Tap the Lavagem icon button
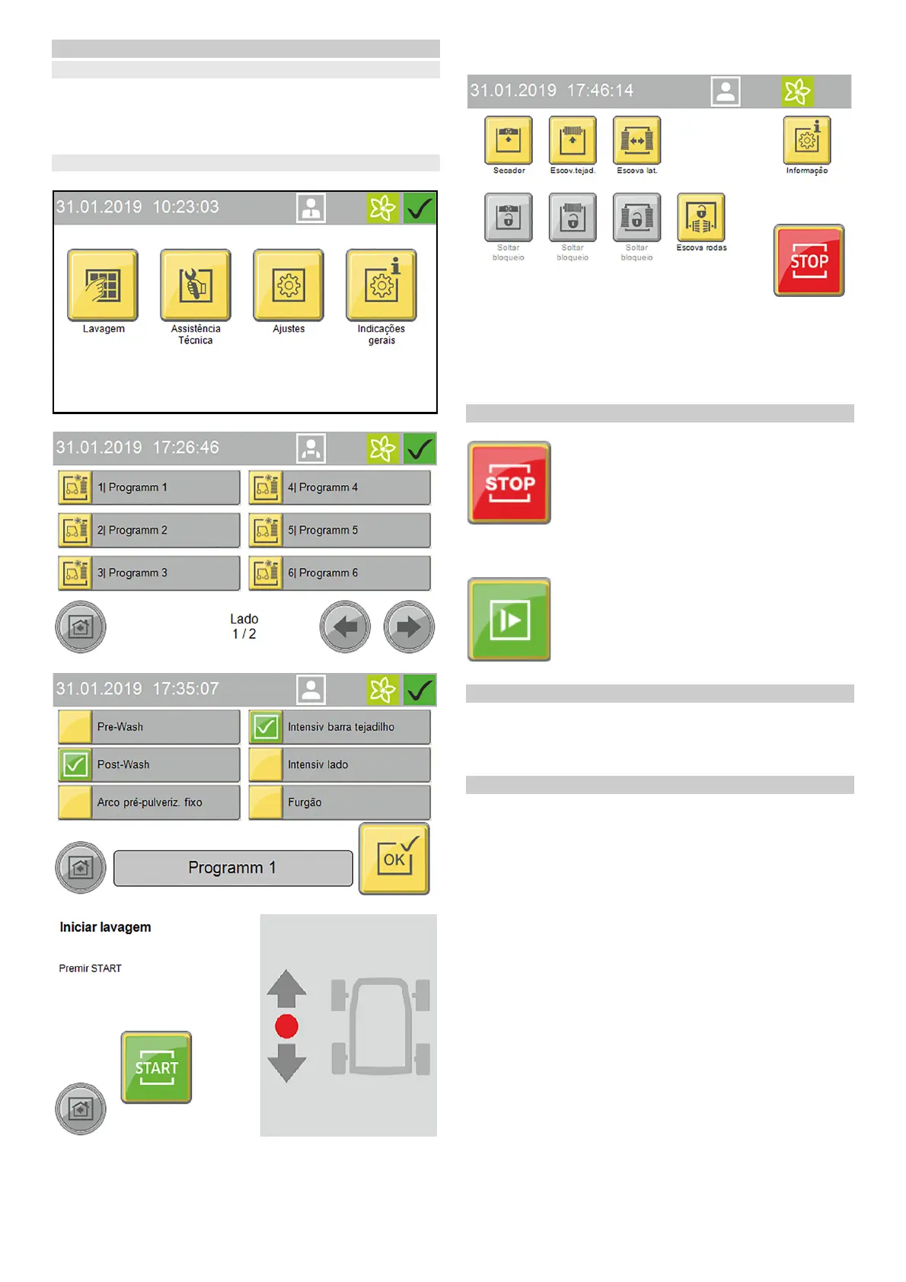click(103, 285)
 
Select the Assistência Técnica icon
click(196, 285)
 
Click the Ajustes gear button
click(289, 285)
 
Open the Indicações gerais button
click(381, 285)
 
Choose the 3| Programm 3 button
click(149, 572)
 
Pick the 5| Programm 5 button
click(340, 530)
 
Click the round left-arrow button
click(345, 627)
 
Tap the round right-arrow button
click(409, 627)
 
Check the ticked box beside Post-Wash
click(75, 764)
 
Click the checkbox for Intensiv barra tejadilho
click(266, 727)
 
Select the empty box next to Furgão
click(266, 802)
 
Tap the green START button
click(156, 1067)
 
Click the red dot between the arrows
click(286, 1026)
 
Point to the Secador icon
click(509, 140)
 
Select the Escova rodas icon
click(701, 217)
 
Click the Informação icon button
click(807, 140)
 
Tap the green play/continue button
click(509, 619)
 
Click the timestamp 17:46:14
click(600, 91)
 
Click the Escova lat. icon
click(637, 140)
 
